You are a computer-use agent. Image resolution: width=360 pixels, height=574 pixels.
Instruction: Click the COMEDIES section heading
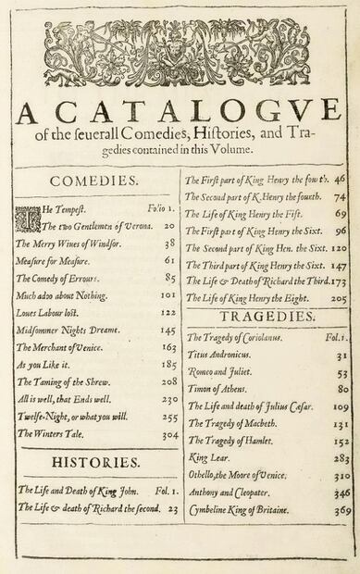coord(94,181)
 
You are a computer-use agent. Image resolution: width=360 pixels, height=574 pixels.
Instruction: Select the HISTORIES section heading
coord(96,461)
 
